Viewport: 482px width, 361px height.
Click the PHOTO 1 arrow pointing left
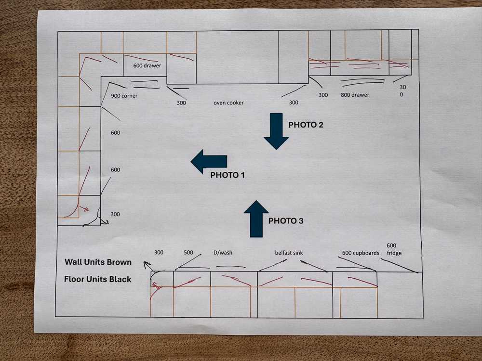[209, 161]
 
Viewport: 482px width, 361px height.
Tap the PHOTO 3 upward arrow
[256, 219]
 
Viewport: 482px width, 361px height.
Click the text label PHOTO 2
[306, 125]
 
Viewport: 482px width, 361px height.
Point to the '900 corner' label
[124, 96]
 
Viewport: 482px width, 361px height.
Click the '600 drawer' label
[147, 65]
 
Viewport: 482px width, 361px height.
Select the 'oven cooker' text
[228, 103]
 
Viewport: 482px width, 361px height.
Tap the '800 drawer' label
[355, 95]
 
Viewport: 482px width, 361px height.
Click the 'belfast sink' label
[289, 253]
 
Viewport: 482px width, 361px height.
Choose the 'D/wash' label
[223, 253]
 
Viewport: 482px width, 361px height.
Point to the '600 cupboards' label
[361, 253]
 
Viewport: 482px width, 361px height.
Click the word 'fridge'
[394, 253]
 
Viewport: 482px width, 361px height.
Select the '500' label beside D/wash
[188, 252]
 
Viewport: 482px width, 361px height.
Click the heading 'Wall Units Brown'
[98, 262]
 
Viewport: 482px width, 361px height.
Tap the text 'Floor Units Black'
[98, 279]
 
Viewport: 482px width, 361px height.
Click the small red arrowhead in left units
[86, 209]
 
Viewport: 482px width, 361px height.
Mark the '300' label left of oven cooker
[181, 103]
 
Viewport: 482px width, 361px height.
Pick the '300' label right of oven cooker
[294, 103]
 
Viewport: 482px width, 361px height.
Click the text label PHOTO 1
[228, 175]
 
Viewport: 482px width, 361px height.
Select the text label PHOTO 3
[286, 221]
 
